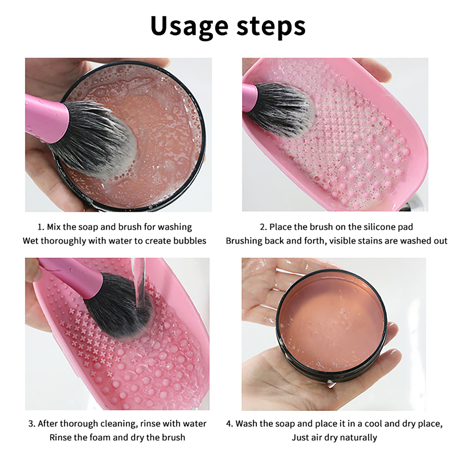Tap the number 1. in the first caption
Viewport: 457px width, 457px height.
coord(41,227)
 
